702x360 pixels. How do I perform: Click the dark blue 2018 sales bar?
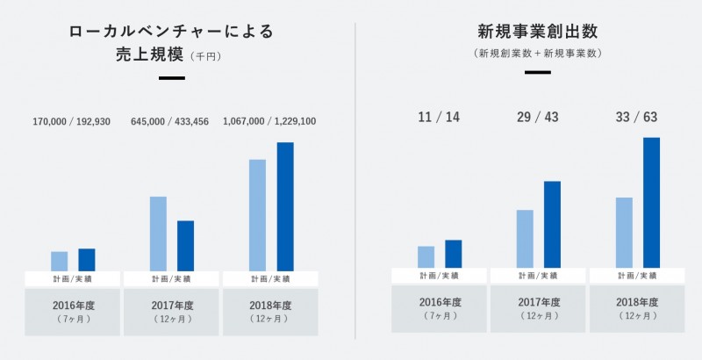pos(285,206)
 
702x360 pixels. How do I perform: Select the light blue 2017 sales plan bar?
pos(158,234)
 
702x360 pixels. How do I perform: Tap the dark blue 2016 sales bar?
pos(87,260)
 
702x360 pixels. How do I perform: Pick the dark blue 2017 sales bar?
pos(186,246)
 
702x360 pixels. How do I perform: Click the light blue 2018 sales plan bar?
pos(257,215)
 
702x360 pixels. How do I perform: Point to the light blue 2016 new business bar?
pos(426,256)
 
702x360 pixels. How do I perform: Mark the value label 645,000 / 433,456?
pos(171,121)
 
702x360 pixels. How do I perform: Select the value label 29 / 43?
pos(538,117)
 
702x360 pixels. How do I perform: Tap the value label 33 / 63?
pos(638,117)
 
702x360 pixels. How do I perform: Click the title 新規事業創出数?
pos(537,32)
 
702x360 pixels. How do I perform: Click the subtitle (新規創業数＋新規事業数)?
pos(537,54)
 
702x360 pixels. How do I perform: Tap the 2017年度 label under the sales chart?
pos(171,306)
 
